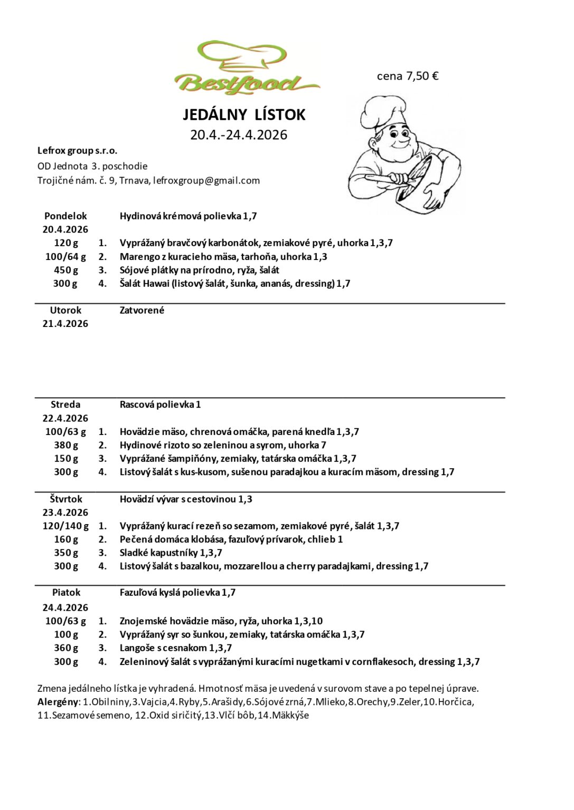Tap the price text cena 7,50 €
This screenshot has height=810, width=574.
(x=408, y=76)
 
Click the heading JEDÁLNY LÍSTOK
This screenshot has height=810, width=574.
(x=244, y=114)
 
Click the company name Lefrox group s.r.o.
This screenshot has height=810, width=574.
(x=77, y=151)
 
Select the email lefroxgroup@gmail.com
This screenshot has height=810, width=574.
(x=206, y=180)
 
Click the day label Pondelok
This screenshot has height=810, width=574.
(x=65, y=216)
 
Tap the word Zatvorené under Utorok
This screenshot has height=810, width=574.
(x=142, y=310)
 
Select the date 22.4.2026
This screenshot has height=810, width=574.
(x=65, y=418)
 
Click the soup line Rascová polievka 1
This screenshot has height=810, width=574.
(x=160, y=404)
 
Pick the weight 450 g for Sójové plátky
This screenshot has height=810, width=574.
(x=66, y=270)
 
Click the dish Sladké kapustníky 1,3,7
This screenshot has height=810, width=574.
(x=171, y=553)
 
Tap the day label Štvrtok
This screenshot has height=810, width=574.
(x=65, y=499)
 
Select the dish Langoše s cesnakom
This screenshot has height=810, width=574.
(x=175, y=648)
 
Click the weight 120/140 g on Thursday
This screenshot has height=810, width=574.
(x=66, y=526)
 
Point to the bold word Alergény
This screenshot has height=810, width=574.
(x=58, y=702)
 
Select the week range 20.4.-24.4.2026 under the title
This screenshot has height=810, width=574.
(x=239, y=135)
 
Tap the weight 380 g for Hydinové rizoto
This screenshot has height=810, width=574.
(x=66, y=445)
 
